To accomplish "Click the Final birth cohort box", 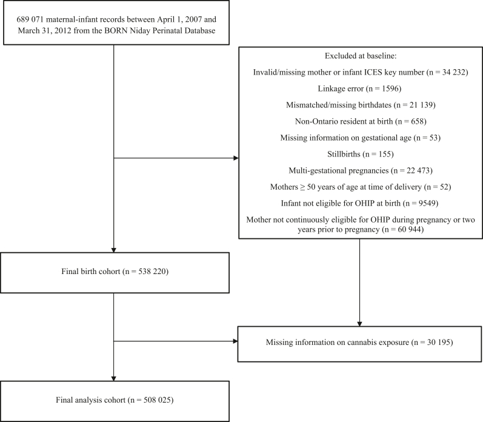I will click(x=115, y=272).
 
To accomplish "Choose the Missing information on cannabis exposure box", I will click(x=360, y=344).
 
